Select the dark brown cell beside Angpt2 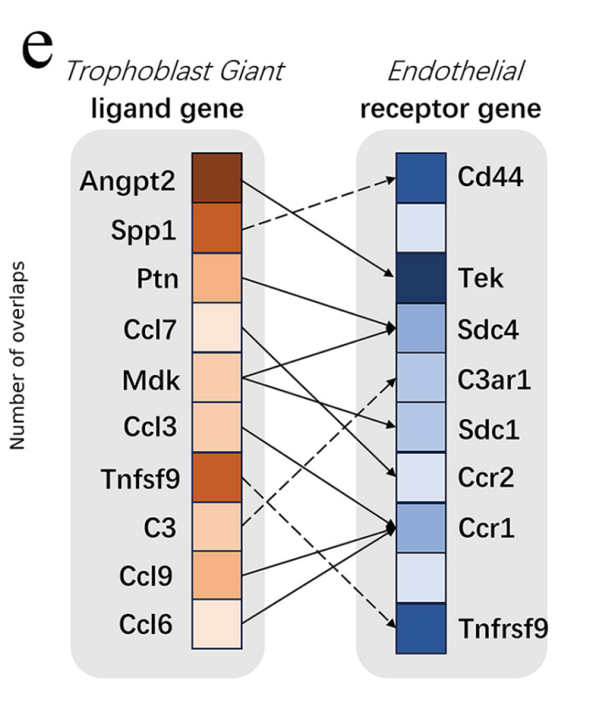point(217,179)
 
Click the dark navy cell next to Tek point(421,278)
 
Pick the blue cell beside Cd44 point(421,178)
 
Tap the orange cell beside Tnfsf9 point(217,477)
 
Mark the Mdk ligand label point(151,380)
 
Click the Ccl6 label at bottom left point(146,624)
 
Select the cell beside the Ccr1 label point(421,528)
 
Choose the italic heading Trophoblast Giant point(175,72)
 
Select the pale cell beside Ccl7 point(217,328)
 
